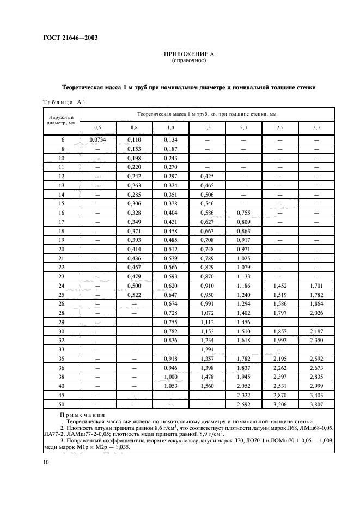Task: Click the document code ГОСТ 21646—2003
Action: [x=66, y=38]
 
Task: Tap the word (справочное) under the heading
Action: [x=188, y=61]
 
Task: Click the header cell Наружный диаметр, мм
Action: [x=62, y=120]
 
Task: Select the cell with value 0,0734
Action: [x=97, y=140]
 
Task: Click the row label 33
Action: [x=62, y=349]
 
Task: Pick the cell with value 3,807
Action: [x=317, y=405]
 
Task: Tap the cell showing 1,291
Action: [x=207, y=349]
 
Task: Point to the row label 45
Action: [x=62, y=396]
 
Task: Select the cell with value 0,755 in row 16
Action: [x=243, y=212]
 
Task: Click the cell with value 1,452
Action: [x=280, y=285]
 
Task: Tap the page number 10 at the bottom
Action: [x=46, y=462]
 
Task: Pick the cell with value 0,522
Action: [x=134, y=294]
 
